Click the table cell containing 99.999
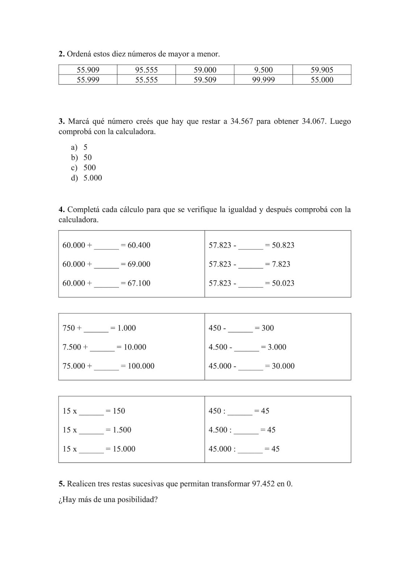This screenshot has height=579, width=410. pos(264,80)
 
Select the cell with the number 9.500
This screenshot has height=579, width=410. pos(264,70)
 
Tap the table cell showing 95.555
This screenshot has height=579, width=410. pos(146,70)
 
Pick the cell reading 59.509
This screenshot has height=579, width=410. pos(205,80)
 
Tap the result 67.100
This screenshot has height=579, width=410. pos(139,283)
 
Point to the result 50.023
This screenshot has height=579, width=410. pos(283,283)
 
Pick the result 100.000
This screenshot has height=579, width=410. pos(141,366)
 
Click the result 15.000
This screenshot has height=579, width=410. pos(124,449)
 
